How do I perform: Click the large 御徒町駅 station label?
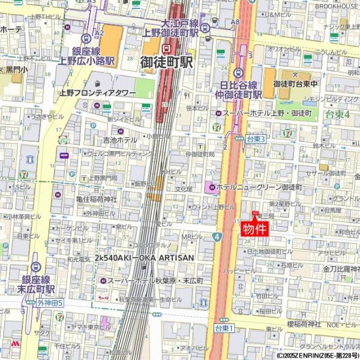pos(166,62)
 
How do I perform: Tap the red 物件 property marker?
pos(254,229)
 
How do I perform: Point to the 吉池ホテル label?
pos(120,140)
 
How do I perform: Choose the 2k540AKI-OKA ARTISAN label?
pos(144,257)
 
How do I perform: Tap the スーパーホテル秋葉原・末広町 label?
pos(155,280)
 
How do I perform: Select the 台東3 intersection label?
pos(255,139)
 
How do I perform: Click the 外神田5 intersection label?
pos(50,302)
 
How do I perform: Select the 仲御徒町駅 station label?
pos(239,94)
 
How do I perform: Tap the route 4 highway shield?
pos(216,237)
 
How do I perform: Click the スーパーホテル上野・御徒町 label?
pos(267,113)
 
